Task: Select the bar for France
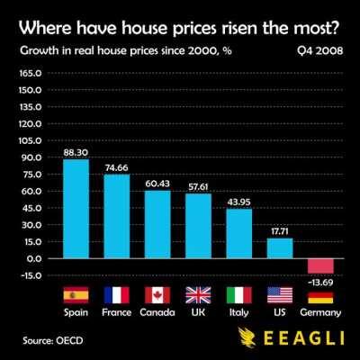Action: (x=117, y=216)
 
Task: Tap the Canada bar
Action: (x=157, y=224)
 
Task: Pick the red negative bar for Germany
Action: (x=320, y=265)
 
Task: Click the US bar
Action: (x=280, y=247)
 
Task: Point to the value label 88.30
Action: (x=76, y=153)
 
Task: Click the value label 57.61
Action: (x=198, y=187)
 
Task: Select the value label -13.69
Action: (x=320, y=283)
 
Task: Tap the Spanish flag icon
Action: (x=76, y=294)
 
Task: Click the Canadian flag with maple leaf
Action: (x=157, y=294)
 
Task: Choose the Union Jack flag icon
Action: (x=198, y=294)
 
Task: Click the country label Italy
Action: (x=238, y=312)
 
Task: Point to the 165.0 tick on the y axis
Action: (x=30, y=73)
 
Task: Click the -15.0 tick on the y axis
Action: (x=30, y=275)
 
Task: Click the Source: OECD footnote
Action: (x=54, y=340)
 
